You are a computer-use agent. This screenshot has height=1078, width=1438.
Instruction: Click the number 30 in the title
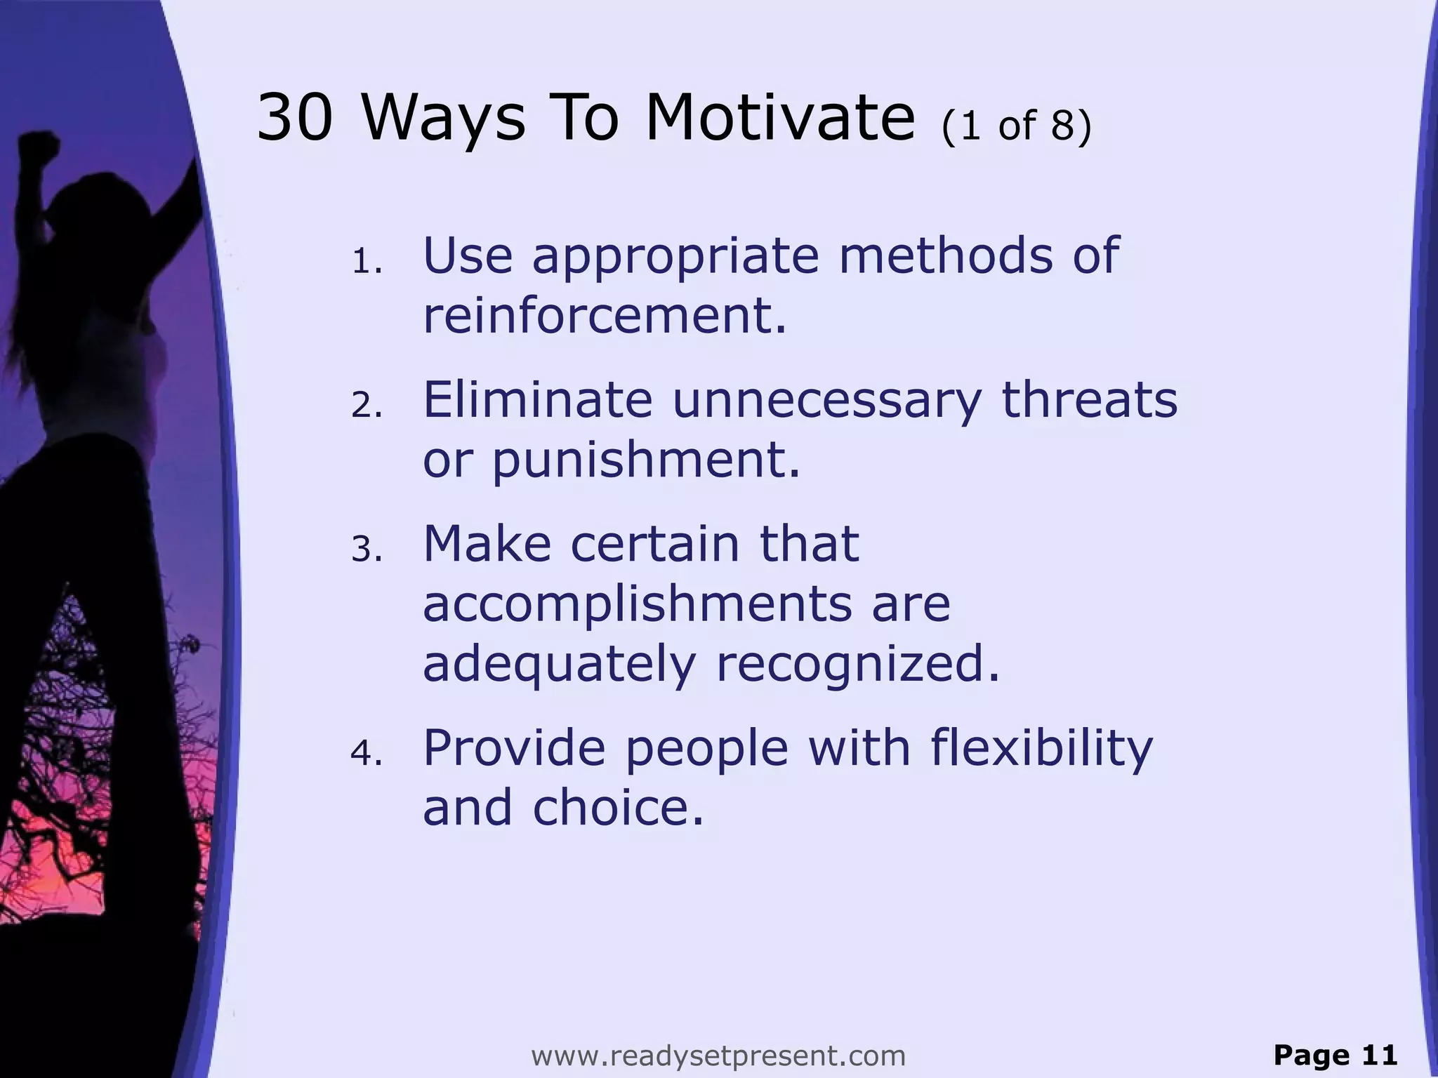[294, 117]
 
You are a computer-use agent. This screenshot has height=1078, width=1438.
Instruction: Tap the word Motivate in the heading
[780, 117]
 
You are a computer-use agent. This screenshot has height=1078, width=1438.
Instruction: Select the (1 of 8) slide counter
[1017, 125]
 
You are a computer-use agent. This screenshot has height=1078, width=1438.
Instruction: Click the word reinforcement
[604, 315]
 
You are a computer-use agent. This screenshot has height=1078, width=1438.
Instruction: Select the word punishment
[645, 460]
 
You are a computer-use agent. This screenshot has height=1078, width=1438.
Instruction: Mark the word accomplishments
[636, 604]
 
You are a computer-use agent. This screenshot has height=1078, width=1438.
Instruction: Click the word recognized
[857, 664]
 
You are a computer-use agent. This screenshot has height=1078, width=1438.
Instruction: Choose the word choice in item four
[618, 807]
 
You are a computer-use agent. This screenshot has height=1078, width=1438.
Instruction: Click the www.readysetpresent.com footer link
[718, 1056]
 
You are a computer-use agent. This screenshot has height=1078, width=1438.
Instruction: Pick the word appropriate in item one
[675, 257]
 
